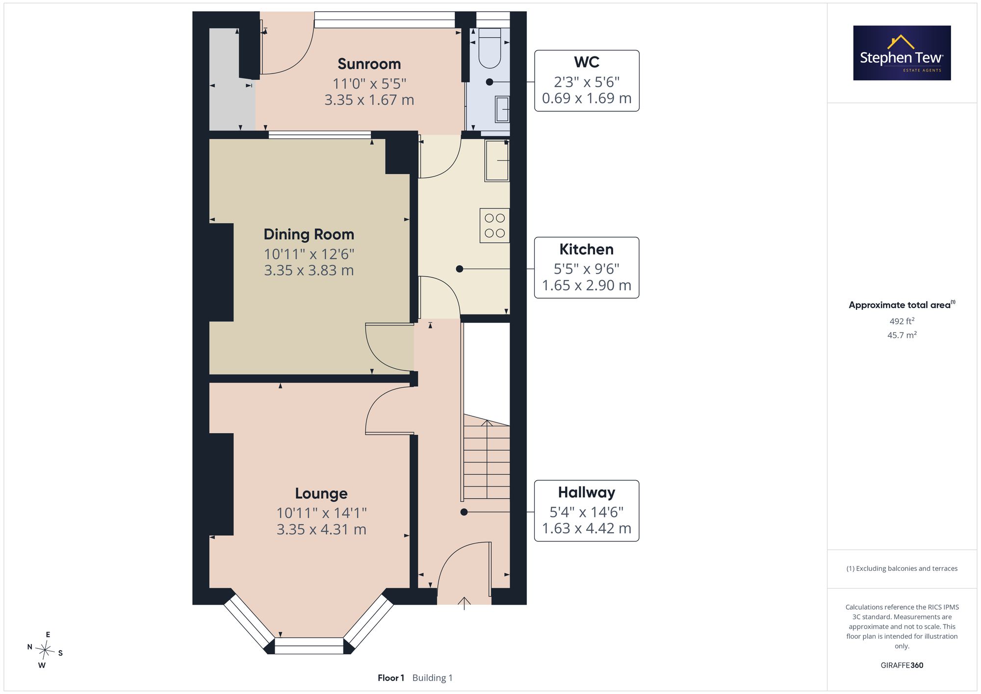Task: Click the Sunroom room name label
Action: point(369,64)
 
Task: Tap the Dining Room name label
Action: point(309,234)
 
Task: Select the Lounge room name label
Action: point(321,493)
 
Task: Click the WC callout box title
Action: point(587,62)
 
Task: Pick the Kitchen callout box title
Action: point(587,249)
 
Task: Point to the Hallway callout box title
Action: point(587,492)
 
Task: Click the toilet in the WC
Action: point(489,48)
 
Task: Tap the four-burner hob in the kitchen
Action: point(494,226)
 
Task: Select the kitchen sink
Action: point(497,160)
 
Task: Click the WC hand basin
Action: point(502,109)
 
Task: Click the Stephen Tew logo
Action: point(902,53)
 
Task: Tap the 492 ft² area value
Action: point(902,321)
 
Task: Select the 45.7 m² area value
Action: point(902,335)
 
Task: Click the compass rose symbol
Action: point(45,651)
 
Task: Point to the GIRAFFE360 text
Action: point(902,666)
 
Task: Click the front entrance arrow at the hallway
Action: point(464,603)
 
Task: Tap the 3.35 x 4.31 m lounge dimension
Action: point(321,530)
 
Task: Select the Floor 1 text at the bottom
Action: point(391,678)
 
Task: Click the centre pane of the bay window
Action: point(309,646)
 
